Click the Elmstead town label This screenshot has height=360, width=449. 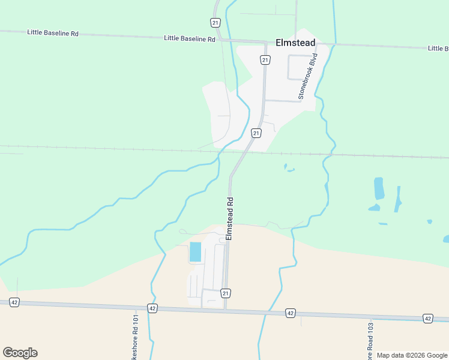coord(295,43)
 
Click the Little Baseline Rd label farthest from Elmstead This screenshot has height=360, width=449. coord(53,33)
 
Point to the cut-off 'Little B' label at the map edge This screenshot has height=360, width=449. coord(438,48)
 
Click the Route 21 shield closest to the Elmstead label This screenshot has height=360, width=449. coord(265,59)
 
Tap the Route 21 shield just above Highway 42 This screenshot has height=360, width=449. coord(225,293)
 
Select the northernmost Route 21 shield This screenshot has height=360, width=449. coord(215,22)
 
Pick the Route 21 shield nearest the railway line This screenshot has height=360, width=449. coord(256,133)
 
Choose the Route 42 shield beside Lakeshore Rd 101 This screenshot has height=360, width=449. coord(152,308)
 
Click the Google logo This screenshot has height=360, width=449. coord(20,353)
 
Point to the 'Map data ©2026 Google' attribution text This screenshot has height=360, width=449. coord(412,355)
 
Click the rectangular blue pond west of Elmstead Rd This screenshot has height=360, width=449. coord(196,252)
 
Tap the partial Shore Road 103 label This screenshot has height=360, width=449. coord(370,342)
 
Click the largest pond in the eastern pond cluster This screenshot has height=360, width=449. coord(378,188)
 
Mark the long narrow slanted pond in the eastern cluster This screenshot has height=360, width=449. coord(397,199)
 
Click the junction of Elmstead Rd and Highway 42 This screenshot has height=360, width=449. coord(225,310)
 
